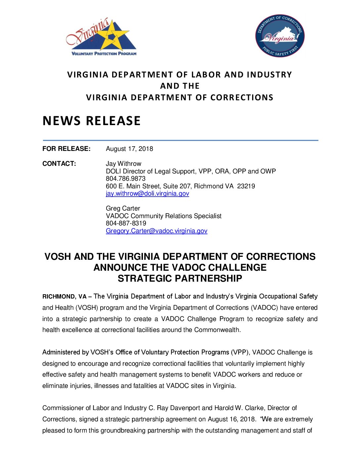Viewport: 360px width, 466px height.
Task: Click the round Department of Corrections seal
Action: (280, 36)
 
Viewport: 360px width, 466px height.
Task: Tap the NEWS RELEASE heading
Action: (92, 121)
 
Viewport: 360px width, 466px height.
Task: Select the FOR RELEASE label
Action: (66, 149)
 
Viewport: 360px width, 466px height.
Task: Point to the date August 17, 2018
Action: (129, 149)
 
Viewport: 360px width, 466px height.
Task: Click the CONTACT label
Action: (59, 164)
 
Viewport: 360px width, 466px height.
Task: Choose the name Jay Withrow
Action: (123, 164)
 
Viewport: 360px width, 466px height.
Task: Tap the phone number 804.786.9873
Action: (125, 179)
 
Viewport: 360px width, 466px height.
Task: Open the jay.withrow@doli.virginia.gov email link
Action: (147, 194)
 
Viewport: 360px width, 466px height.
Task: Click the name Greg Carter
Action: (123, 209)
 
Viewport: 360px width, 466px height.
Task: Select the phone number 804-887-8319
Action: (126, 223)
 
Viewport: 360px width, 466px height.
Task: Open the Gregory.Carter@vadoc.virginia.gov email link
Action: (157, 231)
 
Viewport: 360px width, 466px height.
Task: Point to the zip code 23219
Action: (246, 186)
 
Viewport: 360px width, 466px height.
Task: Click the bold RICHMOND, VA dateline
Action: (65, 297)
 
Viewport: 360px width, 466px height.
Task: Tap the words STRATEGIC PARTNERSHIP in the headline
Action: (180, 279)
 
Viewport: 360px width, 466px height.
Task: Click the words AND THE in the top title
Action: (180, 86)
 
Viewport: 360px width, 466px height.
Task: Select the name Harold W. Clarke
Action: (233, 408)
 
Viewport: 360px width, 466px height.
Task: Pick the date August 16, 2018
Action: (231, 419)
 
